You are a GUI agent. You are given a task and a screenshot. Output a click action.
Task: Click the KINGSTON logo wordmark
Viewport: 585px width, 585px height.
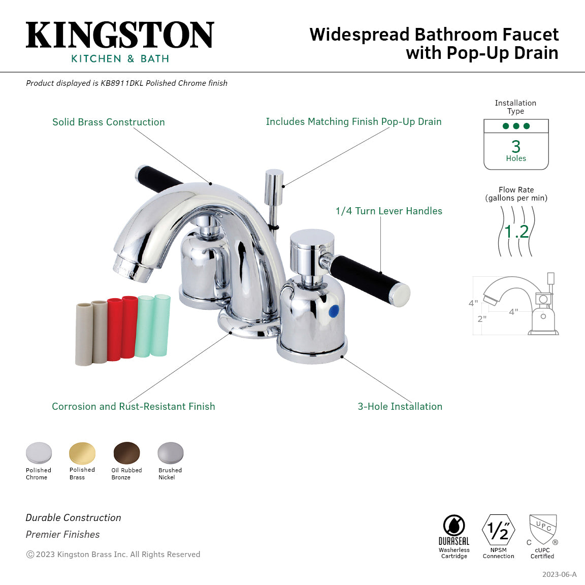pos(120,35)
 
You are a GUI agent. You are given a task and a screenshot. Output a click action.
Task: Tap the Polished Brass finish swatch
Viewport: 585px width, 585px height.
pos(82,452)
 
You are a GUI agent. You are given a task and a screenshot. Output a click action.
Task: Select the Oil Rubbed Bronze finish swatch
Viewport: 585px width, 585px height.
pos(126,452)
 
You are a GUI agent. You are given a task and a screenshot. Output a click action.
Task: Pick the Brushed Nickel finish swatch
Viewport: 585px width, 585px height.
pos(170,452)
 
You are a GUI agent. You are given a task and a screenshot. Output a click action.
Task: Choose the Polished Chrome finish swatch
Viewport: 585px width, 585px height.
pos(39,452)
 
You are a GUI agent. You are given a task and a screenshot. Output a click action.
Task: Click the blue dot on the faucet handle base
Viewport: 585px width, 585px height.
pos(333,311)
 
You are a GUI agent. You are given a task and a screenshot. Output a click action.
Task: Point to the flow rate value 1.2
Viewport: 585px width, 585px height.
pos(516,232)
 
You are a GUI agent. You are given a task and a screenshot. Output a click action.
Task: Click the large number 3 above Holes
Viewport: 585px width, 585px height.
pos(516,146)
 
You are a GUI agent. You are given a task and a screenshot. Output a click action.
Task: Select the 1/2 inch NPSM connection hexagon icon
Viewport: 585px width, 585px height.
pos(498,530)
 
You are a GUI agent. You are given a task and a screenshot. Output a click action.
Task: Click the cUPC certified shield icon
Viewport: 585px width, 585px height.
pos(543,529)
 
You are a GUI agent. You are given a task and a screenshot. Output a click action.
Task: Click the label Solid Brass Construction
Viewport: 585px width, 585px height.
pos(109,122)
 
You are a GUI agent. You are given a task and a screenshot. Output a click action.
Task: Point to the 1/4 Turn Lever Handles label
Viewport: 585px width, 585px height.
pos(389,211)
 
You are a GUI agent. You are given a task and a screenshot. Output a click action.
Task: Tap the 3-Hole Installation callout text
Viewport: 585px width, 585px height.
pos(400,406)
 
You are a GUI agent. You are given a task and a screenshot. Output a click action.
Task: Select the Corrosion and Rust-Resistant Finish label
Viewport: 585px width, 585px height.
pos(134,406)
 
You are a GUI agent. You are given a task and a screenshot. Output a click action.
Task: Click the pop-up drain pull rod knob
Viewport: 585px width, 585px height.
pos(274,181)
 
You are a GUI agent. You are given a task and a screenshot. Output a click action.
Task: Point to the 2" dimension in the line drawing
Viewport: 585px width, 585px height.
pos(482,319)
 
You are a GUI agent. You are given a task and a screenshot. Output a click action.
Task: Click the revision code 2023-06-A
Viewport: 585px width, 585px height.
pos(559,574)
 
